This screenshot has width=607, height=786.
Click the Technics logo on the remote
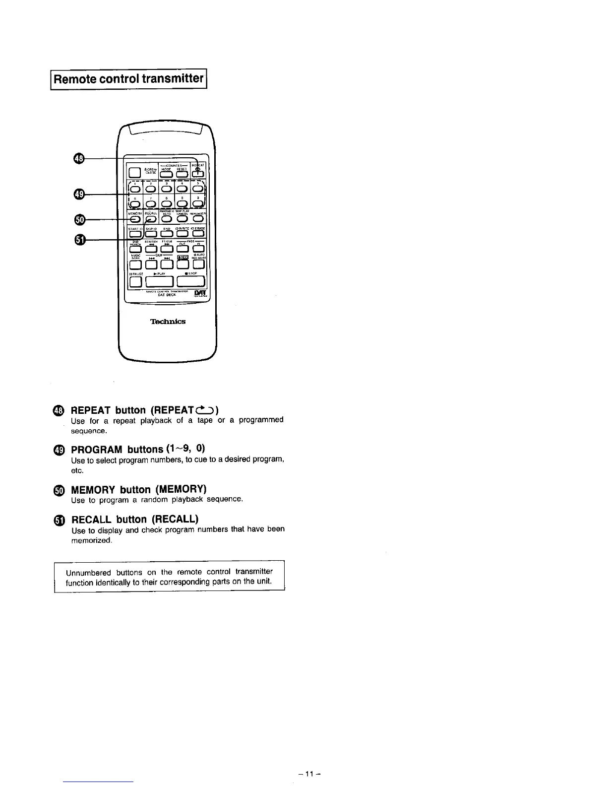click(168, 322)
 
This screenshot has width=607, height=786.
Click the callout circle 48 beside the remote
click(79, 158)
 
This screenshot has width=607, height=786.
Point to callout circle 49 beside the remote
click(79, 195)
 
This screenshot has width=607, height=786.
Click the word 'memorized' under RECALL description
click(92, 540)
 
